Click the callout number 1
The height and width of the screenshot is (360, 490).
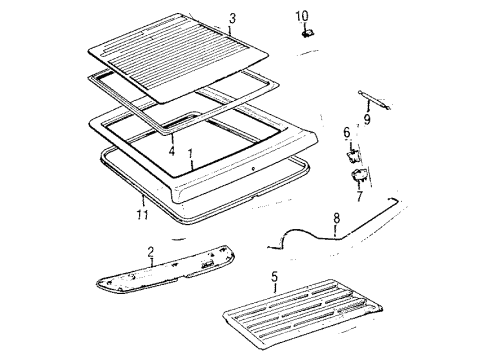(192, 156)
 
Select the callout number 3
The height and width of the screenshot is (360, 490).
(232, 19)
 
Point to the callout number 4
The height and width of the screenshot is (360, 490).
(170, 150)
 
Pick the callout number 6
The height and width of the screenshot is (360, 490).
(347, 131)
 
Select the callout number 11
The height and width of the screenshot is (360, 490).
(143, 213)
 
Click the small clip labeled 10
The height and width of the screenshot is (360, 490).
(307, 33)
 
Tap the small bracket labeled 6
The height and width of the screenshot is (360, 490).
(352, 153)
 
